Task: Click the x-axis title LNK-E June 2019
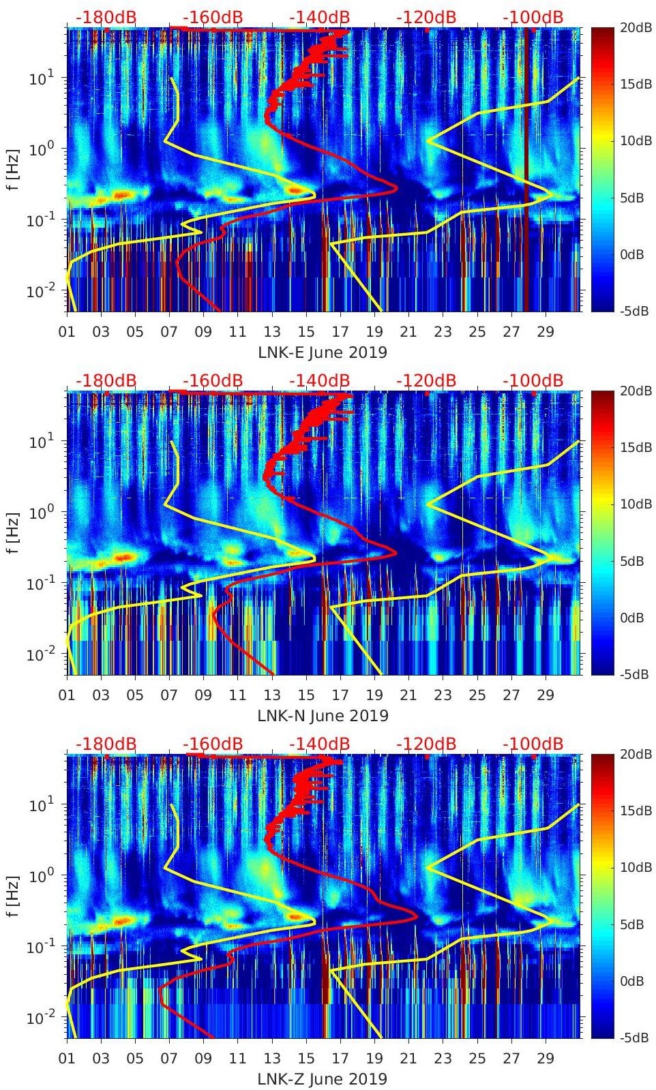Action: (x=323, y=352)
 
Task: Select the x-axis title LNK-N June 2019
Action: (x=323, y=716)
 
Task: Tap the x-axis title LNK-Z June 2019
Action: (x=323, y=1079)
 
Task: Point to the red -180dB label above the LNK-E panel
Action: (x=106, y=17)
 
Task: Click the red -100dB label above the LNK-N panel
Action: (x=533, y=380)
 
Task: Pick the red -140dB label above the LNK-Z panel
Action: (x=320, y=744)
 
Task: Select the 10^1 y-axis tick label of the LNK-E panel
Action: (x=40, y=78)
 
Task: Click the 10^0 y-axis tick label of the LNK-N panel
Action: (x=40, y=513)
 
